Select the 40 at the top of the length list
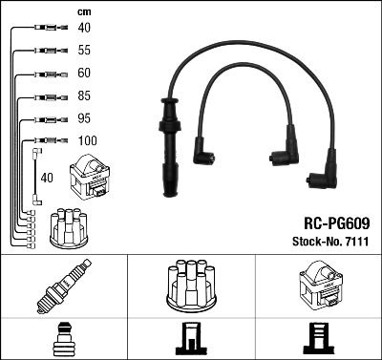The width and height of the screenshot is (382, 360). point(84,29)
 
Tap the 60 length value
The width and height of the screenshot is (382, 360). point(84,74)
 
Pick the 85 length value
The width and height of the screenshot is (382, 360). point(84,96)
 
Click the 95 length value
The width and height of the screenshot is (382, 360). point(84,119)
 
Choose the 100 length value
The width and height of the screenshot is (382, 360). point(86,141)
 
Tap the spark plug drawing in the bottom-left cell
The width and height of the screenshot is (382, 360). point(63,287)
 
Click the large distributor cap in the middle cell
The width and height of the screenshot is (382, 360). point(190,286)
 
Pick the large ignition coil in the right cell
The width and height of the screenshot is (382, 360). point(318,286)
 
